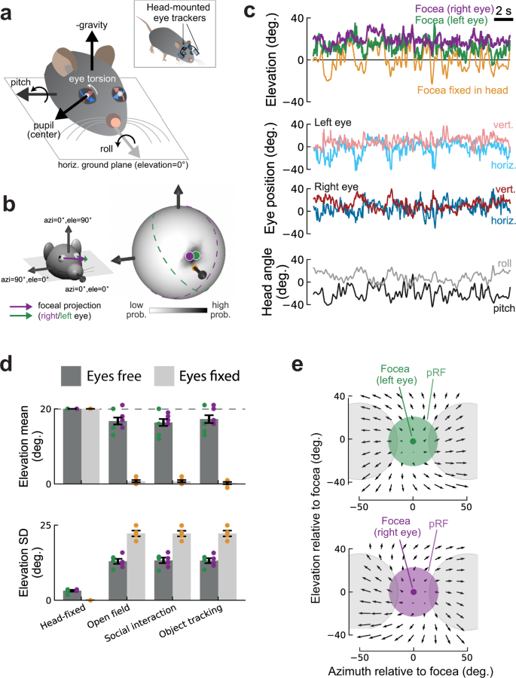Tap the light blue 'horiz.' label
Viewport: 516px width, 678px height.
pyautogui.click(x=502, y=163)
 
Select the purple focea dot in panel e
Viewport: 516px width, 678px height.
pyautogui.click(x=413, y=592)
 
